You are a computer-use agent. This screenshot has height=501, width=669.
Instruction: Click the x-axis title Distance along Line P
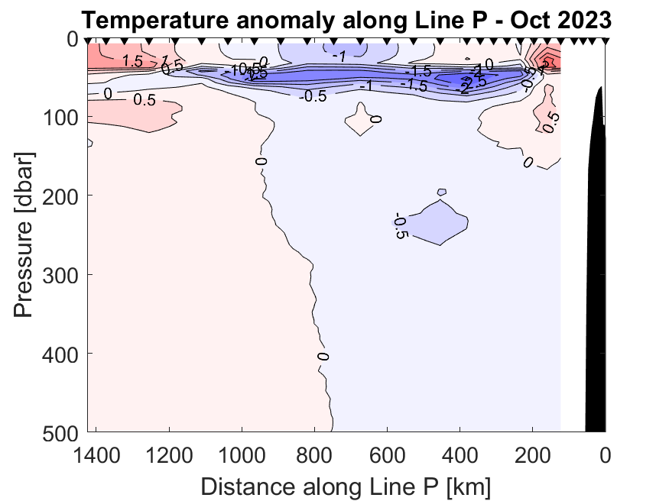pyautogui.click(x=346, y=486)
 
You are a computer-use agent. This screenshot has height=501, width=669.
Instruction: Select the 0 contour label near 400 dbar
pyautogui.click(x=323, y=357)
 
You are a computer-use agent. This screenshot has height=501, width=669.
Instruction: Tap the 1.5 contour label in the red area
pyautogui.click(x=132, y=62)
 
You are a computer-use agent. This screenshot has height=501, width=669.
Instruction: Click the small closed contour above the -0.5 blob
pyautogui.click(x=441, y=192)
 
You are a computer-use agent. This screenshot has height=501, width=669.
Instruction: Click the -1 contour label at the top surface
pyautogui.click(x=339, y=56)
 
